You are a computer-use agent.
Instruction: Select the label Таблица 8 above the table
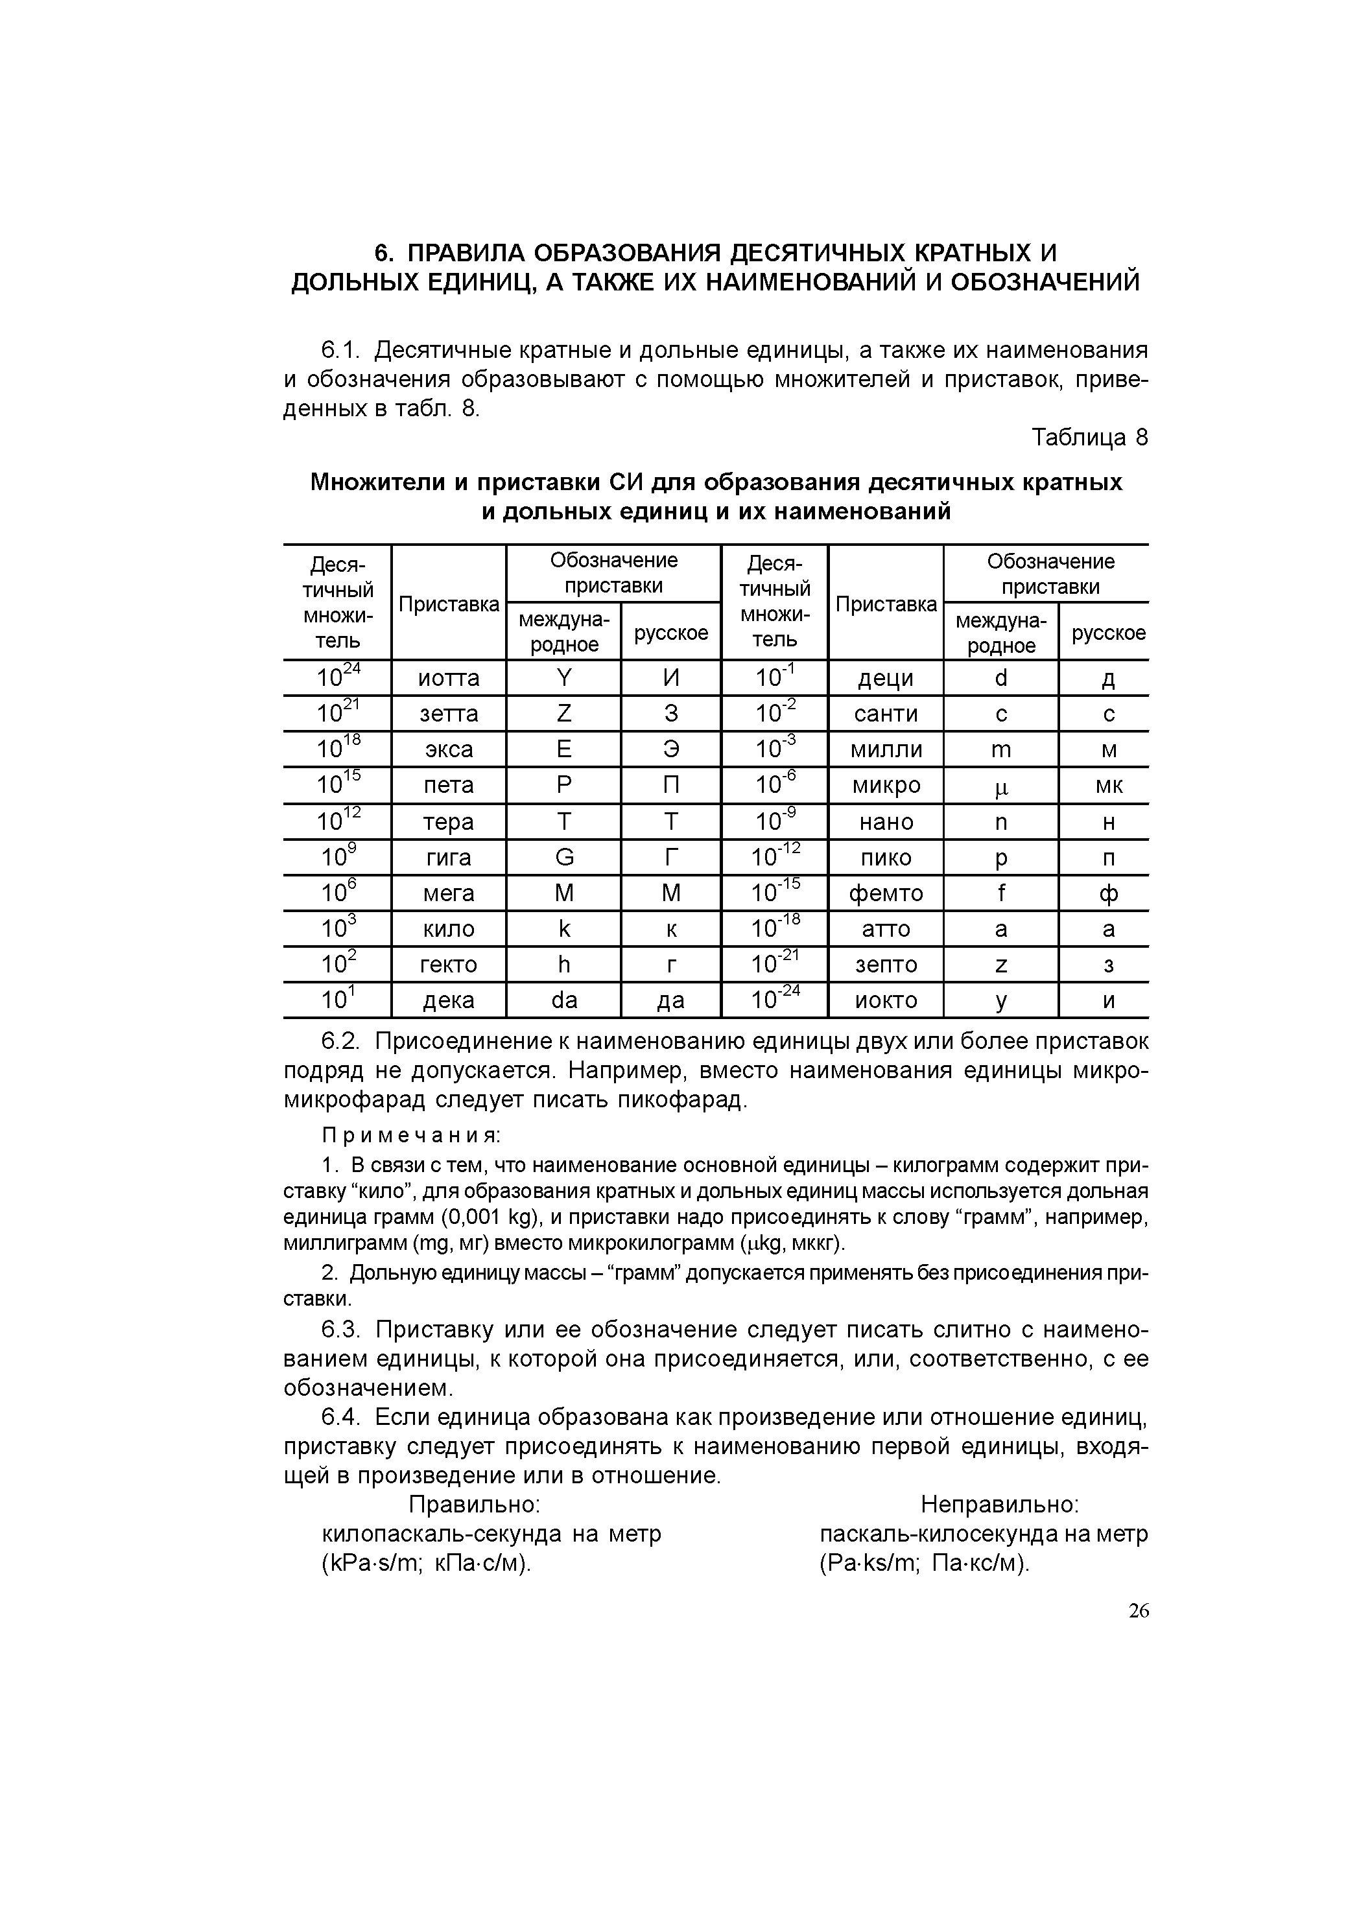[1089, 437]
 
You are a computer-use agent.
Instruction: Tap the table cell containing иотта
[448, 678]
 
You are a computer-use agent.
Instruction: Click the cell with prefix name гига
[448, 858]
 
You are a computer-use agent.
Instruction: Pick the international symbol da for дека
[564, 1000]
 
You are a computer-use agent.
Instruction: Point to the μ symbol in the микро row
[1000, 786]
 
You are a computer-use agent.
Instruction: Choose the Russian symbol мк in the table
[1107, 786]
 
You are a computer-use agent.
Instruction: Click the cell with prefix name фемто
[885, 893]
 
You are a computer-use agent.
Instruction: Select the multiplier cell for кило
[338, 928]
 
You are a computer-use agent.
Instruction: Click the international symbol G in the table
[564, 858]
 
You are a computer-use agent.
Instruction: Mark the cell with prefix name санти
[885, 714]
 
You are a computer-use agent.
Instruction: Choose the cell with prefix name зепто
[885, 965]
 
